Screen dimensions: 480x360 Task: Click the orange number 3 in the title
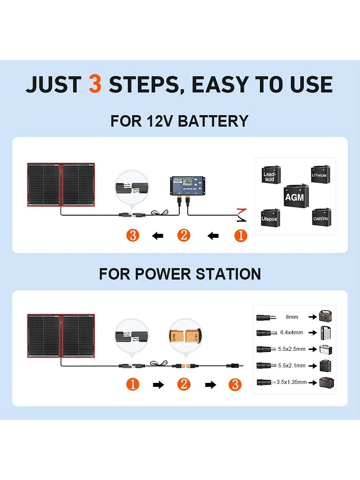click(95, 84)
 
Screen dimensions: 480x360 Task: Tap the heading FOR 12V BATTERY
click(179, 121)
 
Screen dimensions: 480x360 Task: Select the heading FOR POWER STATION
click(180, 274)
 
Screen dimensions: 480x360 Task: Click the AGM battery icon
click(295, 196)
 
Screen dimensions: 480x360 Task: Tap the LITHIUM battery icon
click(319, 175)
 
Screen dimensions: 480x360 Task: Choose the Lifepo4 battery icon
click(270, 218)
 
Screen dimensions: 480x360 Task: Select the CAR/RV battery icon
click(321, 217)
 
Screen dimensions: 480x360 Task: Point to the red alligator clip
click(241, 216)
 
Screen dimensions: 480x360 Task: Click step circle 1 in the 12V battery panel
click(241, 235)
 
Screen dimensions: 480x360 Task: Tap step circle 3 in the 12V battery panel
click(133, 235)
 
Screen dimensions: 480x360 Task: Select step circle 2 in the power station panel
click(184, 384)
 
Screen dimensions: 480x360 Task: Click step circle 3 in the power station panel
click(234, 384)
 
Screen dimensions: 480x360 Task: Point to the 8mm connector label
click(292, 317)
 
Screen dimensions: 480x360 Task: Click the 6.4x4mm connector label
click(292, 332)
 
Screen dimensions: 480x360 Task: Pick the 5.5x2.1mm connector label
click(292, 366)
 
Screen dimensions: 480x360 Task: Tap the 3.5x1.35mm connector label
click(292, 382)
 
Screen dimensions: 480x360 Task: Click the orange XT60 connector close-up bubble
click(185, 334)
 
